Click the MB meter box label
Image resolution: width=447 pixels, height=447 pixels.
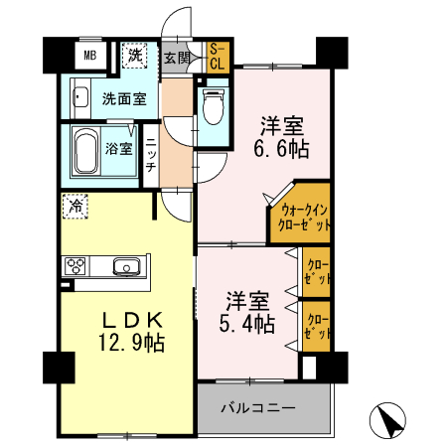click(x=89, y=56)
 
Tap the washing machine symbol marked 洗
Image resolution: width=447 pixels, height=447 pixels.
click(x=134, y=56)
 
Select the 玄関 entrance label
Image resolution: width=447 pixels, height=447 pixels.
click(x=176, y=57)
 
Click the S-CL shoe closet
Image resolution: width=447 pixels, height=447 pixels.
click(x=216, y=57)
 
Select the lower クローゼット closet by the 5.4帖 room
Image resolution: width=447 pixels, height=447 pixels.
click(x=316, y=326)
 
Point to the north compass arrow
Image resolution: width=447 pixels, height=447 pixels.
click(x=387, y=420)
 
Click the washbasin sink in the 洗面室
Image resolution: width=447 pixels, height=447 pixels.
click(x=80, y=98)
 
